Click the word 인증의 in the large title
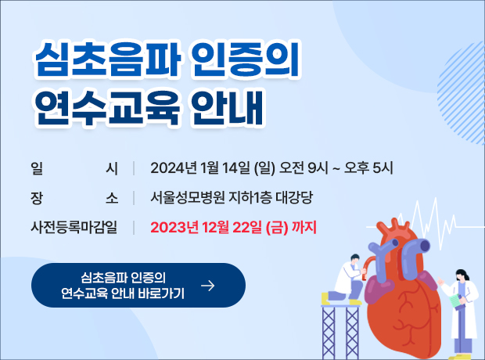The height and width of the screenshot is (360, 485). [x=245, y=59]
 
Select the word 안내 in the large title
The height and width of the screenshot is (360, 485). [x=228, y=108]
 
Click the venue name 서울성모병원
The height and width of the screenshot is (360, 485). [x=188, y=197]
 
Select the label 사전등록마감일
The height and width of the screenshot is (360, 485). [x=74, y=227]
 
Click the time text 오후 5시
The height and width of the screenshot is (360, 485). [x=368, y=168]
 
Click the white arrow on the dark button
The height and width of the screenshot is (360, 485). [x=207, y=286]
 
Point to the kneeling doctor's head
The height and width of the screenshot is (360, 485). [x=355, y=258]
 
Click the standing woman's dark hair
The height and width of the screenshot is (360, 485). [x=462, y=274]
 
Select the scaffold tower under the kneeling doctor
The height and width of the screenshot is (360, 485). [x=340, y=332]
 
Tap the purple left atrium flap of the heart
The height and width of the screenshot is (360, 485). [x=379, y=290]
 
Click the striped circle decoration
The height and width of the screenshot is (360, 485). [x=462, y=93]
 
